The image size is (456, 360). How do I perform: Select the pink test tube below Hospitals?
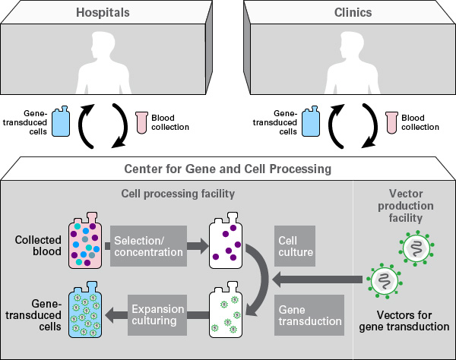click(x=140, y=121)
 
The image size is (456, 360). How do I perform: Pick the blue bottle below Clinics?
click(x=312, y=122)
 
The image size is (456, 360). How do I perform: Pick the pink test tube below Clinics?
click(x=391, y=121)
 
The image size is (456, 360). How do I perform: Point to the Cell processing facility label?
click(x=179, y=194)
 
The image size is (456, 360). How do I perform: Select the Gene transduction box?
click(x=307, y=316)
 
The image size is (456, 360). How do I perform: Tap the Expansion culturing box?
click(x=157, y=316)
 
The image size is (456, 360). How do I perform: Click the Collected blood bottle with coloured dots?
click(x=85, y=246)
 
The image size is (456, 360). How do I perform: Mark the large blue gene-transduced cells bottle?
click(x=85, y=314)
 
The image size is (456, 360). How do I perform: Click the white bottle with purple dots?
click(x=226, y=246)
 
